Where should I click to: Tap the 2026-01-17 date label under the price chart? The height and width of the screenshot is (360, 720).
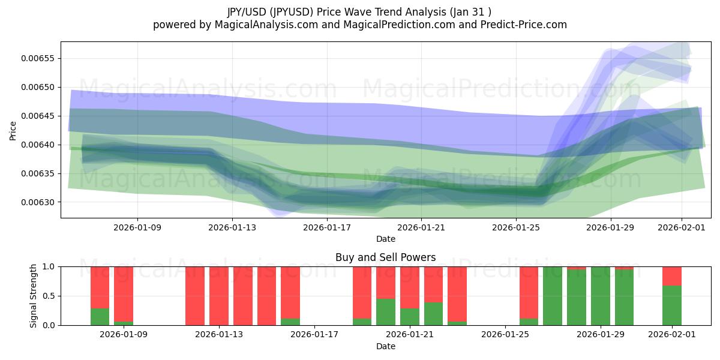(x=326, y=227)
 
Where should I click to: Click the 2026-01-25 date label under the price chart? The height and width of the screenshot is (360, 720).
(x=515, y=227)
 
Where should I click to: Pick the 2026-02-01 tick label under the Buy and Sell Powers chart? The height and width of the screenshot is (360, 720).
(x=671, y=334)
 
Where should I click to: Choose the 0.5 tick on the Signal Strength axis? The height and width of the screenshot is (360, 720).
(x=49, y=296)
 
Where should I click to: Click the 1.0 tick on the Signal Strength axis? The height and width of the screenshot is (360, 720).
(x=49, y=266)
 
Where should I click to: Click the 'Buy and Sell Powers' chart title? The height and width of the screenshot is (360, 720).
(x=385, y=257)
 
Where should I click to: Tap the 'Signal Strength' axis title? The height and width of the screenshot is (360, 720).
(x=34, y=296)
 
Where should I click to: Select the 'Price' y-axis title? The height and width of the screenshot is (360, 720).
(x=13, y=130)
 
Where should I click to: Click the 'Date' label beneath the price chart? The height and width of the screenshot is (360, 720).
(x=385, y=239)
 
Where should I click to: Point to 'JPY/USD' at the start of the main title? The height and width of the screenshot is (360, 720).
(x=247, y=11)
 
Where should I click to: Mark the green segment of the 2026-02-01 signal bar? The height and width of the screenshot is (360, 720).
(x=672, y=306)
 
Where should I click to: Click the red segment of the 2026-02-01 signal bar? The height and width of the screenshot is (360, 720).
(x=672, y=275)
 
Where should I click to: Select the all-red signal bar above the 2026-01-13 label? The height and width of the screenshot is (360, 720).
(x=219, y=296)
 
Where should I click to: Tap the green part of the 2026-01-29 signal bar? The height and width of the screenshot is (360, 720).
(x=601, y=296)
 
